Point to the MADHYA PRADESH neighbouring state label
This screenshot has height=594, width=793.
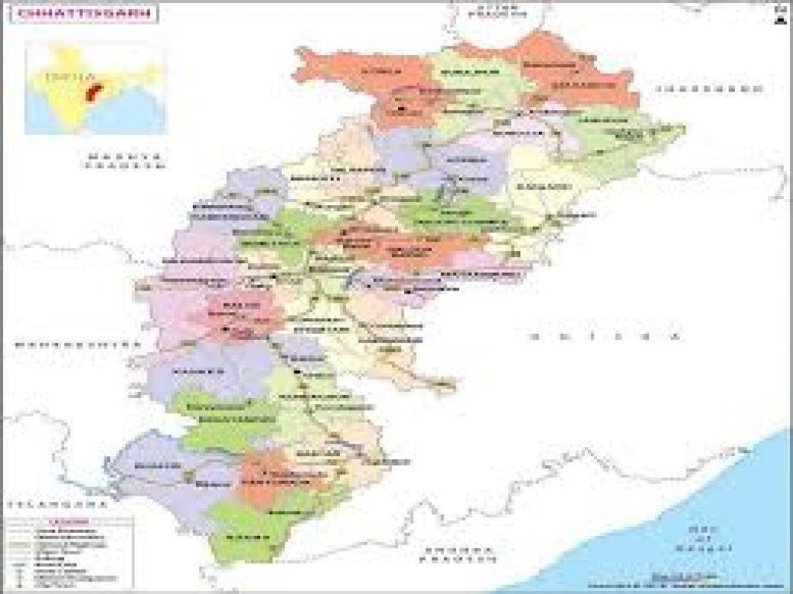tap(125, 160)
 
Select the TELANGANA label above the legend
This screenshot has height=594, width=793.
tap(53, 503)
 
